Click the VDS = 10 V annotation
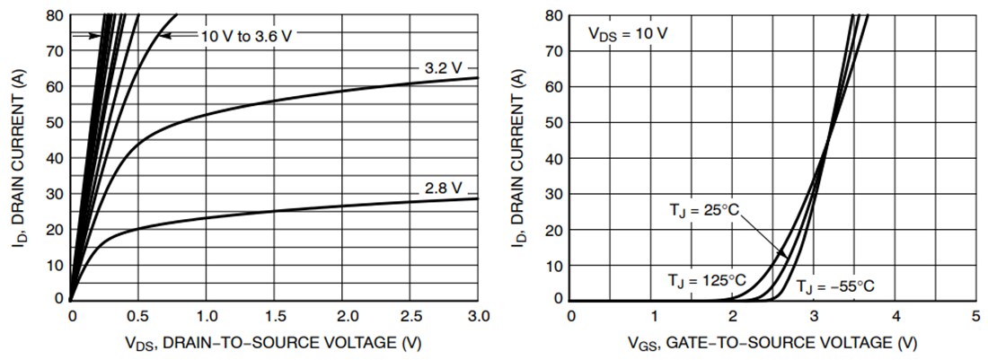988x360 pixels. (628, 33)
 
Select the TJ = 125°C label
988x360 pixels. (706, 281)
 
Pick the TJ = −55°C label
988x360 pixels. (834, 286)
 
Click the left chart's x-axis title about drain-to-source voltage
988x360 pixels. (275, 342)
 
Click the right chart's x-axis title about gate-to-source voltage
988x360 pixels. (773, 342)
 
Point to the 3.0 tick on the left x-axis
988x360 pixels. (479, 316)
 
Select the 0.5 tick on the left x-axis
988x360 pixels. (139, 316)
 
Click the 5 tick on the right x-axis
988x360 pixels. (975, 316)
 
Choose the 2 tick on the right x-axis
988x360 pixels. (733, 316)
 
